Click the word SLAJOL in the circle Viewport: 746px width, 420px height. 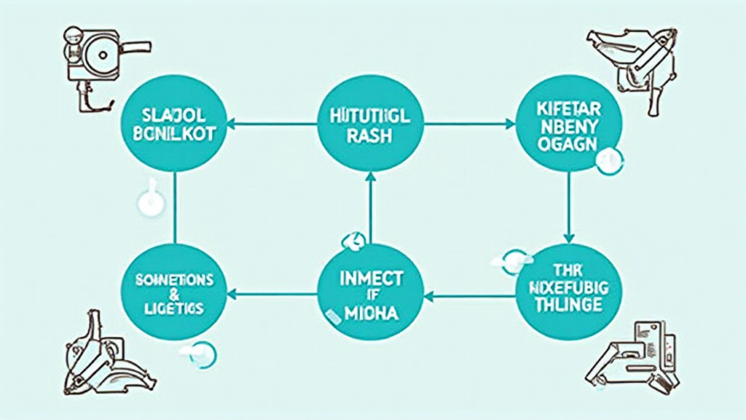pos(174,114)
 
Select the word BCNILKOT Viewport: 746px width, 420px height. pos(174,136)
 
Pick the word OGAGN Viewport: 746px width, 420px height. pos(569,144)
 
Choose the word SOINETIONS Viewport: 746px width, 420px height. pos(174,280)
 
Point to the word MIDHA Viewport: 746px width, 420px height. pos(371,313)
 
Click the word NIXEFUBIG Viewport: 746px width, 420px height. pos(568,286)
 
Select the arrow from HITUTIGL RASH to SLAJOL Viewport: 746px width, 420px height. pos(272,125)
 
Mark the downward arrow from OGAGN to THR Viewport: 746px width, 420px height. pos(569,208)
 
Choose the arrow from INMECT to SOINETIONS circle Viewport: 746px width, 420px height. pos(272,295)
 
